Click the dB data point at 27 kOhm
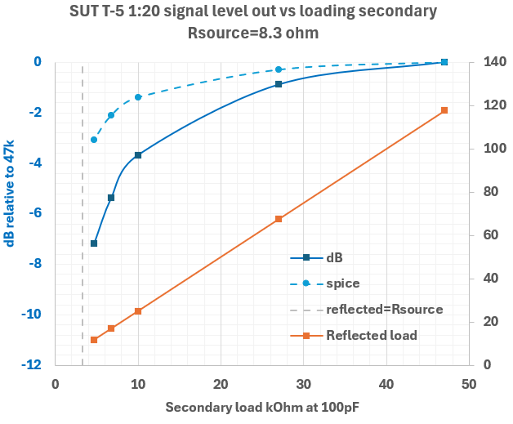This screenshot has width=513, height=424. point(279,84)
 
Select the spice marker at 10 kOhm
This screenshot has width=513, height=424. point(138,97)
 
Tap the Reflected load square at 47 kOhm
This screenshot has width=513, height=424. point(444,110)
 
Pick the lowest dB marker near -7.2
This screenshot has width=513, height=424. point(94,243)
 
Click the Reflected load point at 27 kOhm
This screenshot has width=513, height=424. point(279,219)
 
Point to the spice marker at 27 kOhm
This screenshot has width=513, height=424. point(279,69)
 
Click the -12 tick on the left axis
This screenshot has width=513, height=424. point(32,365)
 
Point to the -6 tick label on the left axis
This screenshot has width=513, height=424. point(35,213)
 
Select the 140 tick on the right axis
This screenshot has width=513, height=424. point(489,62)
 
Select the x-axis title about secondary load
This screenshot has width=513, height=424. point(261,407)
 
